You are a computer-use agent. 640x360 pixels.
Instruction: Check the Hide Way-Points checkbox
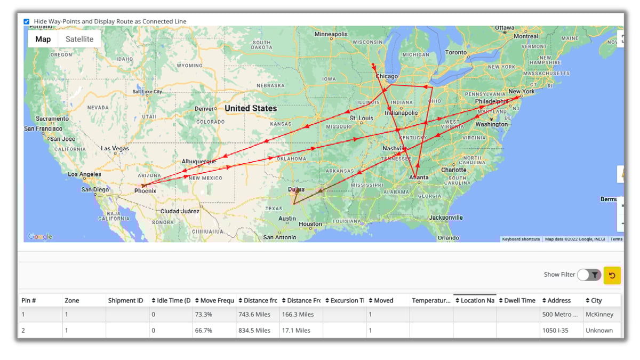tap(27, 22)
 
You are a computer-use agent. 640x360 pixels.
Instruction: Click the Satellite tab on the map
tap(79, 39)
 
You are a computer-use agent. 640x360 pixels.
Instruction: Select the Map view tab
tap(43, 39)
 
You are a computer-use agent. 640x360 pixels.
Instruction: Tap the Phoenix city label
tap(145, 190)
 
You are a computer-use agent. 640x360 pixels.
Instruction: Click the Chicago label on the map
tap(387, 76)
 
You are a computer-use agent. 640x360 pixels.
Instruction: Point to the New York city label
tap(521, 92)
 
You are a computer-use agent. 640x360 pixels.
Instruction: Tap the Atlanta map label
tap(419, 178)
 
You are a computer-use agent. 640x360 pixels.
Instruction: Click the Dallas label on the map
tap(296, 189)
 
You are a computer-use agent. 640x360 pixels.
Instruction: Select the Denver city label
tap(204, 109)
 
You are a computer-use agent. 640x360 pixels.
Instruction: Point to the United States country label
tap(250, 108)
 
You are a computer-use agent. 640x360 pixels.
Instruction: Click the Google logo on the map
tap(40, 236)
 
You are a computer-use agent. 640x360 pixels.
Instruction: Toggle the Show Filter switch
tap(589, 275)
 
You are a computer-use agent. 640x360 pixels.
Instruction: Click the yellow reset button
tap(612, 275)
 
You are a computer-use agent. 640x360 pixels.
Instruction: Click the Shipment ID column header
tap(125, 300)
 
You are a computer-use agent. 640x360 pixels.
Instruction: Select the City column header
tap(596, 300)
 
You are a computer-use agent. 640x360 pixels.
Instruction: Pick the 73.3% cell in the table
tap(203, 315)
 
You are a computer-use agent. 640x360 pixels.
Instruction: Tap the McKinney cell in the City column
tap(599, 315)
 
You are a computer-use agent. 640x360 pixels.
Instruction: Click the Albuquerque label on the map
tap(199, 161)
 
